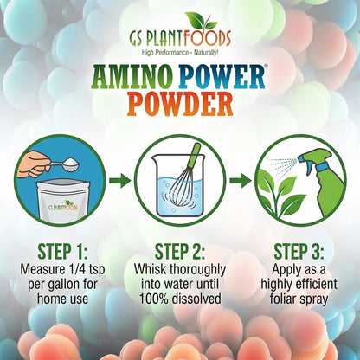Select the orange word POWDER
tap(180, 106)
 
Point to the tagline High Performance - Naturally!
tap(179, 55)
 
